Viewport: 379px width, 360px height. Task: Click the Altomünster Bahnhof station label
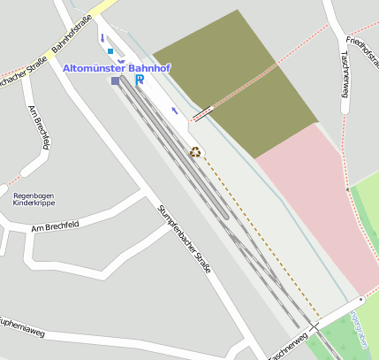click(x=117, y=68)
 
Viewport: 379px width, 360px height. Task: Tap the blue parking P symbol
click(x=140, y=80)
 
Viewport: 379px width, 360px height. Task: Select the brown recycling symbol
click(x=196, y=151)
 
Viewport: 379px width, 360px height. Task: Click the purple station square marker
click(x=116, y=81)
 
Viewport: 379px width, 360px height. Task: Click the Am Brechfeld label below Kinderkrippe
click(x=55, y=228)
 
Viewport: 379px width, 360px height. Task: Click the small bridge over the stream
click(x=202, y=113)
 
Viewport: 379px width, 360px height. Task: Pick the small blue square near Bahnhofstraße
click(x=110, y=51)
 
